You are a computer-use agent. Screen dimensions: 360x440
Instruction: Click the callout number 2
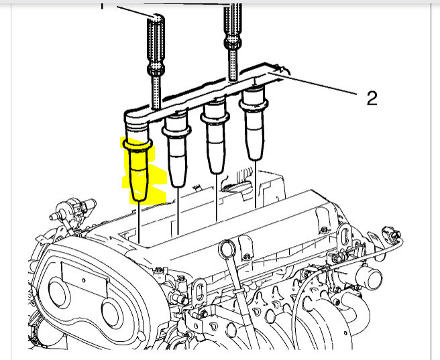[x=372, y=99]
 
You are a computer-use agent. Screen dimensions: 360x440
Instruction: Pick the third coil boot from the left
[x=216, y=140]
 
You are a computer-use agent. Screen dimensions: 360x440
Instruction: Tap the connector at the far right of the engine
[x=390, y=235]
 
